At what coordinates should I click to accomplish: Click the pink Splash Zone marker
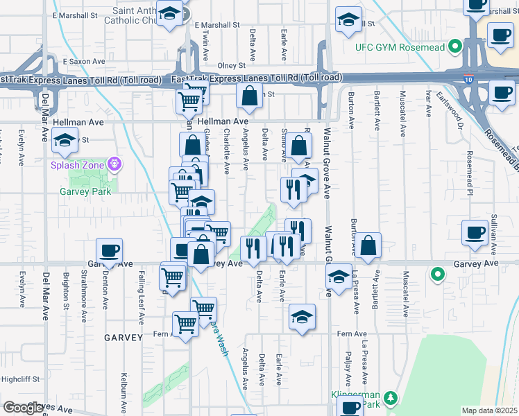115,164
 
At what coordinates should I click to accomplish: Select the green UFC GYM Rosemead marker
454,47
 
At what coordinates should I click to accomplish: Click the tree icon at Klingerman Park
391,397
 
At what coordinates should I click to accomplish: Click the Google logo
22,408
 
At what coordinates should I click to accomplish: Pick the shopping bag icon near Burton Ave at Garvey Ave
370,244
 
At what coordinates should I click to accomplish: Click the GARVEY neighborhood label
123,338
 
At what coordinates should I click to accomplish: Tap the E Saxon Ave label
83,62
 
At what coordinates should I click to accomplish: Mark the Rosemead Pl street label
470,169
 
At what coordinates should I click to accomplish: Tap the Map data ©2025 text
489,410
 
